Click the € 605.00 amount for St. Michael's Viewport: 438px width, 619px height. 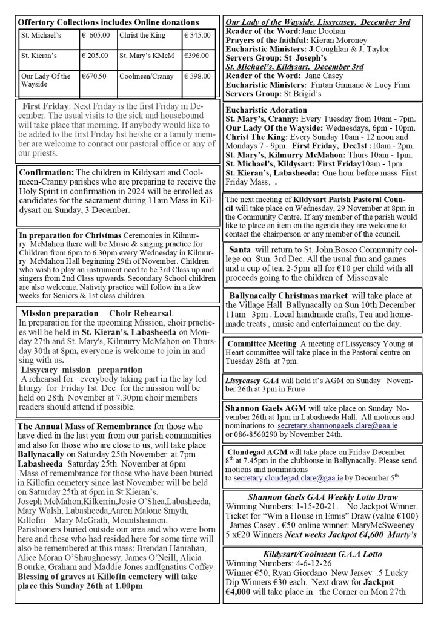(x=96, y=35)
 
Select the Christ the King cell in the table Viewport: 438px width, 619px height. (x=140, y=35)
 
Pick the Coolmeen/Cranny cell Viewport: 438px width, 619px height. (x=142, y=76)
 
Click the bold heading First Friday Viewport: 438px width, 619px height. (x=47, y=106)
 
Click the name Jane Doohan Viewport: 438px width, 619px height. (x=320, y=31)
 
